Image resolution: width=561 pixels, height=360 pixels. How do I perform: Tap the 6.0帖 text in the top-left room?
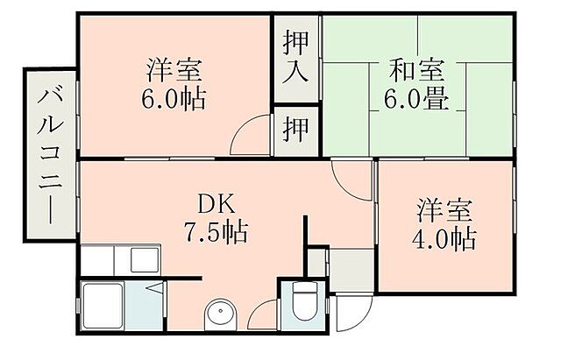pos(174,98)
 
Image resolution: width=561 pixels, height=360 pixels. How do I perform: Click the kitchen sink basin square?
pos(143,259)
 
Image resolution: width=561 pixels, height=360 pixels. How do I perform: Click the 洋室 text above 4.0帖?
pos(444,210)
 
